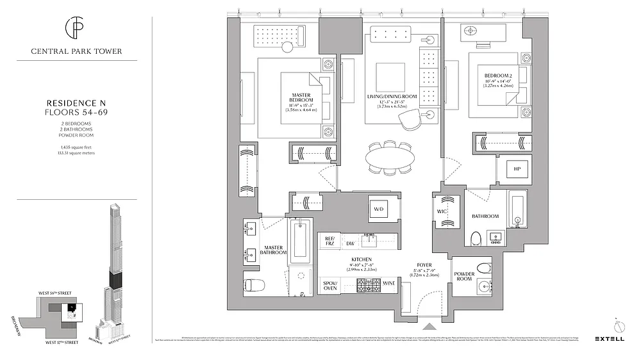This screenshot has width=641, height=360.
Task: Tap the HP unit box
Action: coord(516,170)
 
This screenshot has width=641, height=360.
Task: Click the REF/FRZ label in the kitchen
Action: coord(329,240)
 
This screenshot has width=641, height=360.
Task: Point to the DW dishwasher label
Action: coord(350,243)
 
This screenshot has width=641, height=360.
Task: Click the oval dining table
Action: coord(390,158)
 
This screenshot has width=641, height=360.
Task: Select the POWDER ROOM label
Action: coord(463,276)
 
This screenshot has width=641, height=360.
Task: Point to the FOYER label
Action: coord(424,264)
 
